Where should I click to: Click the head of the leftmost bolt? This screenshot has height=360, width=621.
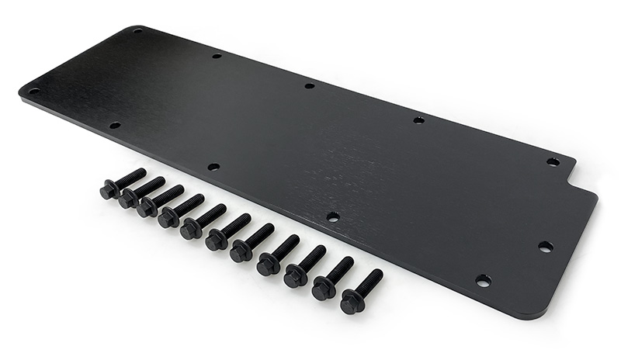coord(108,190)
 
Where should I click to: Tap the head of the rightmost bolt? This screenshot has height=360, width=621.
coord(351,303)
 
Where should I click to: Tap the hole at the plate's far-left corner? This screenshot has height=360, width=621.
coord(33,90)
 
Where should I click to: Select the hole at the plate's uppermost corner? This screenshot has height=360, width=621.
coord(137,31)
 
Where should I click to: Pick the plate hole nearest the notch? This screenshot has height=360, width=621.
coord(553,161)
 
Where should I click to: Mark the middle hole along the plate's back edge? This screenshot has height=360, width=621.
coord(309,85)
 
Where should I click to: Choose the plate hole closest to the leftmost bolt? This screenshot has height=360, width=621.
coord(115,125)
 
